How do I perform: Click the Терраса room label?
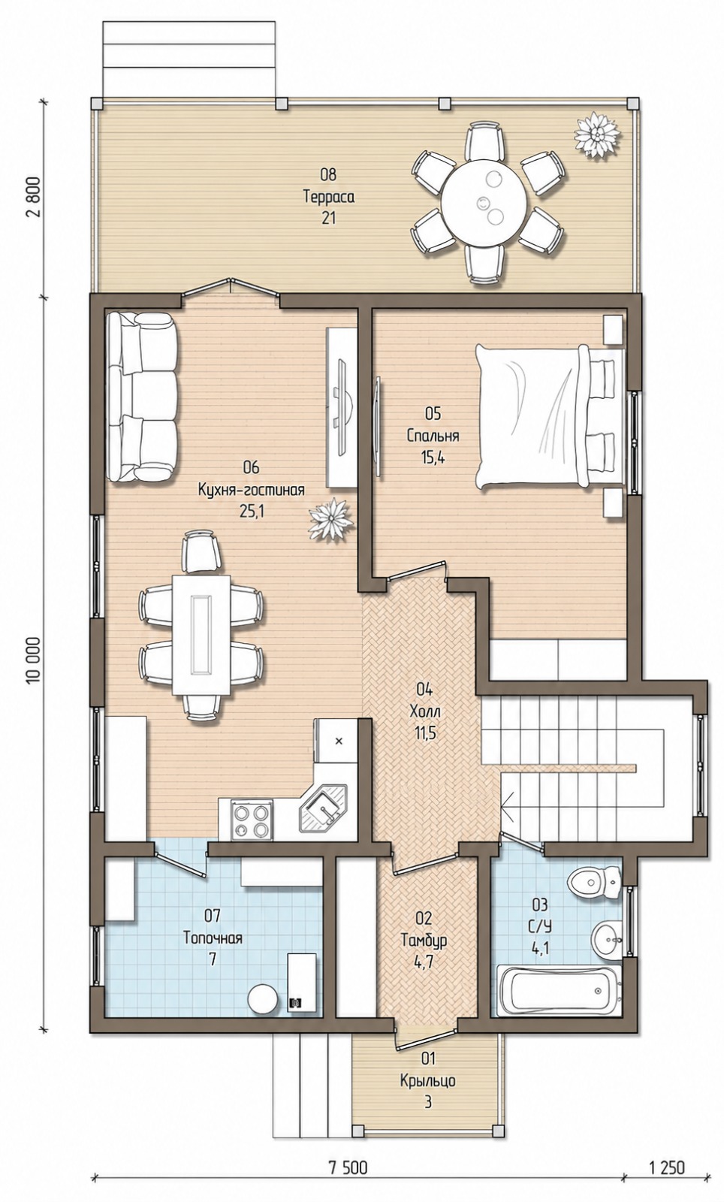click(x=329, y=197)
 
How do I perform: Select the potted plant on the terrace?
click(x=597, y=135)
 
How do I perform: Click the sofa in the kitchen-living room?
click(x=142, y=397)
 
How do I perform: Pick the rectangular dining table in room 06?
click(x=201, y=635)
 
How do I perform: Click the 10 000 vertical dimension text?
click(x=33, y=661)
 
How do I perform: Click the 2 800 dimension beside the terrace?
click(x=33, y=196)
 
